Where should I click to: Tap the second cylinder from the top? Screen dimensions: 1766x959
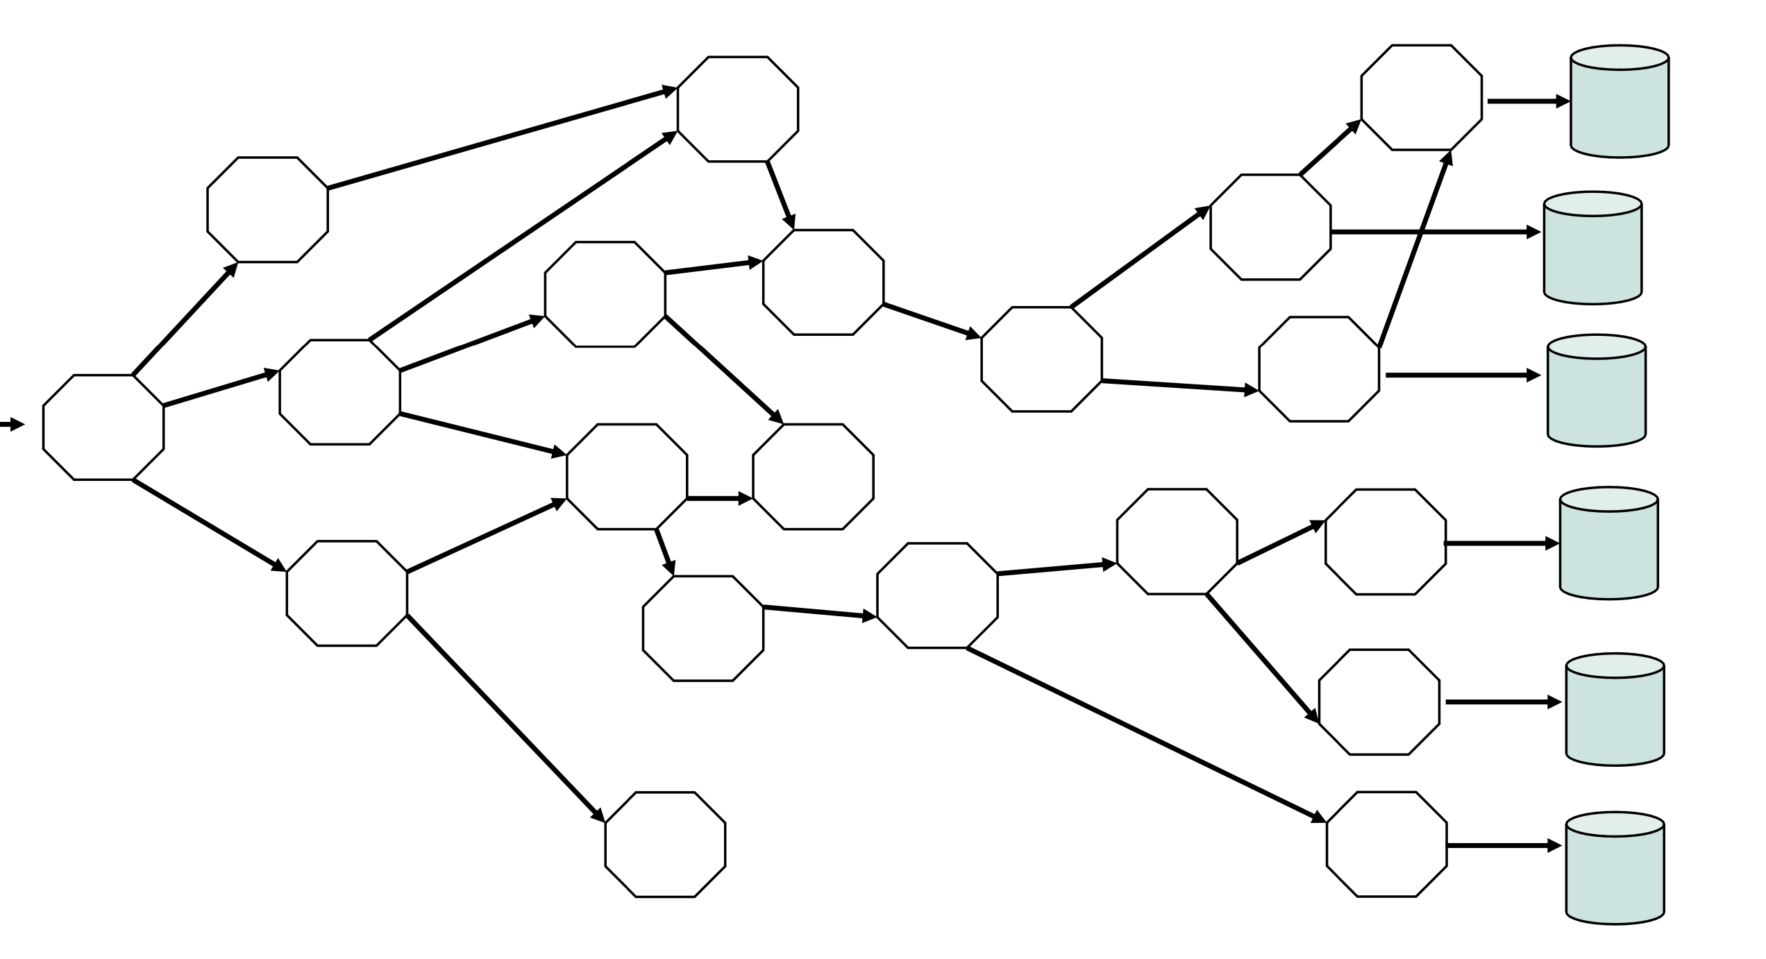click(x=1592, y=248)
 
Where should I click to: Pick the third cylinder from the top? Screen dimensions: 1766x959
click(x=1597, y=390)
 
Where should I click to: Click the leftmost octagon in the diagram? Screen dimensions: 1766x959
click(x=103, y=427)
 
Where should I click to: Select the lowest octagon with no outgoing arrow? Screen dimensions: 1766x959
click(x=665, y=845)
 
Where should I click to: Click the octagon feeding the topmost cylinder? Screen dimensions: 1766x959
click(x=1421, y=97)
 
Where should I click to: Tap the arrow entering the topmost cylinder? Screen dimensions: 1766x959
click(x=1527, y=101)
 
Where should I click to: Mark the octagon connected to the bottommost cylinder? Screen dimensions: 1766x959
click(x=1386, y=845)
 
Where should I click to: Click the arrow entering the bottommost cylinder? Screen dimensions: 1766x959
click(x=1504, y=846)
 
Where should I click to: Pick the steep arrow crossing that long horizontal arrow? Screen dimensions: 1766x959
click(x=1413, y=250)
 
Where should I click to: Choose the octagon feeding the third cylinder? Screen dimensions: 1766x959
click(x=1319, y=369)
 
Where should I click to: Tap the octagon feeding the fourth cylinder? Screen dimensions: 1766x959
click(x=1386, y=542)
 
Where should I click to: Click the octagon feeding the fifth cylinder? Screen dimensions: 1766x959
click(x=1379, y=702)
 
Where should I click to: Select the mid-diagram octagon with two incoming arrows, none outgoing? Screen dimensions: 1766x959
click(x=813, y=477)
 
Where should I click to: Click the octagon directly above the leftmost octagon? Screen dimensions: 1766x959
click(x=267, y=210)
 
